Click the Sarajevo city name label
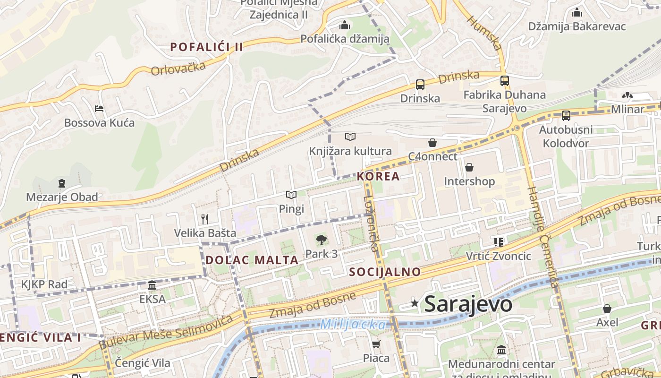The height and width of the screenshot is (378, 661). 468,304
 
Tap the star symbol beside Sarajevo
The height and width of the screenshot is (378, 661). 415,303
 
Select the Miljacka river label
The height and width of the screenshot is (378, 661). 353,325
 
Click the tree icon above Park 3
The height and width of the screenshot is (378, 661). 321,240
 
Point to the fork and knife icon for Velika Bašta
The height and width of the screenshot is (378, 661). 205,219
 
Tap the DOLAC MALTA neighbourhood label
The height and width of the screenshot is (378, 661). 252,260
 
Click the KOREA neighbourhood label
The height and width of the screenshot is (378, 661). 379,177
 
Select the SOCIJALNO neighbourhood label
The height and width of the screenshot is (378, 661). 385,272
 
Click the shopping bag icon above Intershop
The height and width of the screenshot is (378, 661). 469,167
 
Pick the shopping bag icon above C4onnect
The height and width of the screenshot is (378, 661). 432,143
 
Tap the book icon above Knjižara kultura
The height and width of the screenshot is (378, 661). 350,137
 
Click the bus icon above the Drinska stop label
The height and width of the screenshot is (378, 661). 420,85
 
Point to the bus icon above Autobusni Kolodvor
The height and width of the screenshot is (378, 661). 566,115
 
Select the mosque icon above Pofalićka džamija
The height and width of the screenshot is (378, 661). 345,25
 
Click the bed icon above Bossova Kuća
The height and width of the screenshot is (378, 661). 99,109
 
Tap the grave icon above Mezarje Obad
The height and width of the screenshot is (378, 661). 62,183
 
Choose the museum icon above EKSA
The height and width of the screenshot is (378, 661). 152,285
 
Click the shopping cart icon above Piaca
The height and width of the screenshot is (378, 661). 376,344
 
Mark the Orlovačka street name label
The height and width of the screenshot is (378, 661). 178,68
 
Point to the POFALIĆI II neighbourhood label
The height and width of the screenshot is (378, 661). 206,47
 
